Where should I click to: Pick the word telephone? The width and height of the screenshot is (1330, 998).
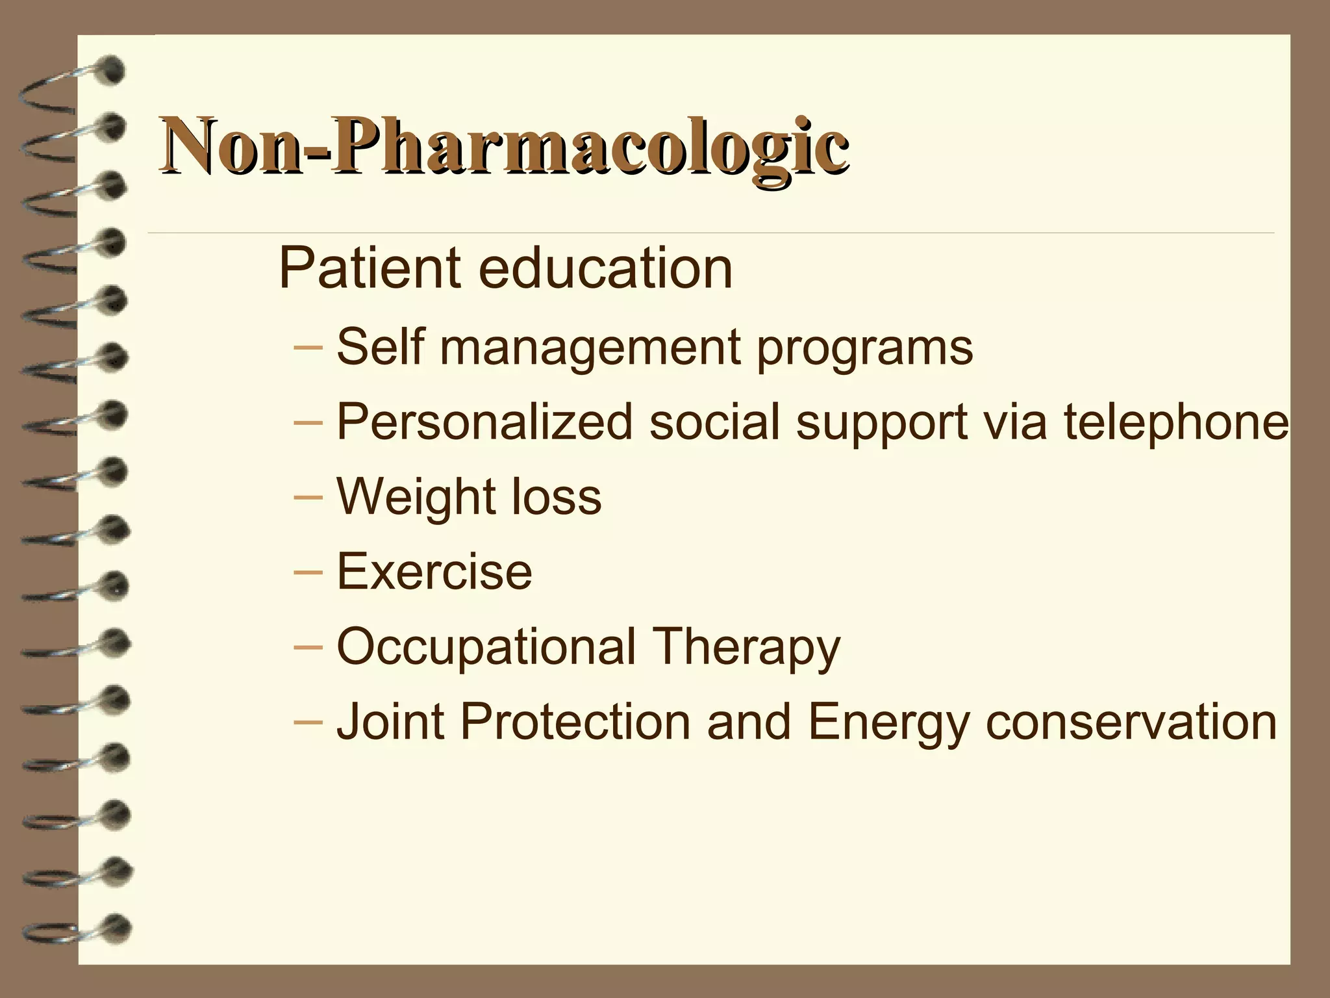click(x=1175, y=422)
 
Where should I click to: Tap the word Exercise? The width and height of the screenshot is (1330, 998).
click(x=434, y=572)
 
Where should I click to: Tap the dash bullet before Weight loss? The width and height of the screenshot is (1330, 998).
click(x=308, y=497)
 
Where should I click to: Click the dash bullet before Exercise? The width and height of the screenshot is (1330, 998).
click(x=308, y=572)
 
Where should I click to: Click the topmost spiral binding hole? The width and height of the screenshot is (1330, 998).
click(x=113, y=70)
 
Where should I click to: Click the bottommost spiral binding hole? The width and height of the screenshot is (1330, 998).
click(x=117, y=928)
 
